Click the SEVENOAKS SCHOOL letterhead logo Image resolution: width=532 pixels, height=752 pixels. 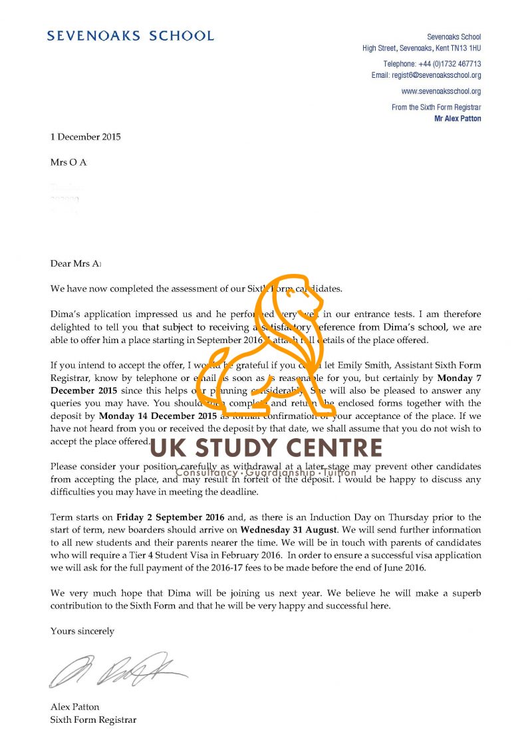(x=130, y=36)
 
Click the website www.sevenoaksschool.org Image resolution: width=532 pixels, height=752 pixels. (x=441, y=91)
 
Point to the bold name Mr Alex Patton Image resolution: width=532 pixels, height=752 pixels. (x=457, y=118)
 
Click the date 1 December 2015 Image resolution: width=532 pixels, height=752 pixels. (x=86, y=137)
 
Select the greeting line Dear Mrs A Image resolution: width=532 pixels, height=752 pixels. (x=76, y=263)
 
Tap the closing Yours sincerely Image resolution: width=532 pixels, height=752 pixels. (x=82, y=631)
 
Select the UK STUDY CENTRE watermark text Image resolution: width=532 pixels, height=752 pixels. (x=266, y=448)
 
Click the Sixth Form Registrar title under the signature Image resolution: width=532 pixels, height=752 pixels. (x=94, y=720)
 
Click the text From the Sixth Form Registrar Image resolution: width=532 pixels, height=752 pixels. (x=436, y=107)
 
